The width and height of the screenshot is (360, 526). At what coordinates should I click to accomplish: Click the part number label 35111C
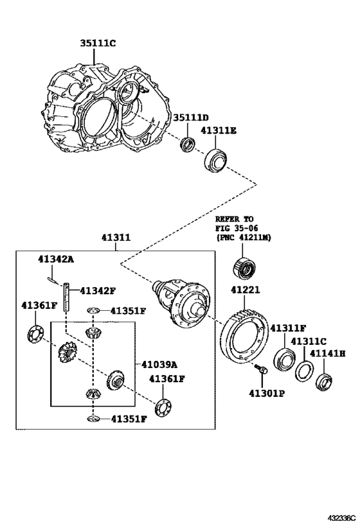98,43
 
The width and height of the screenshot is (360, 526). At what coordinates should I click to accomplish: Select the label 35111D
191,118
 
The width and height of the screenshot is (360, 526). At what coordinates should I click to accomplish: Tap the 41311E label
219,130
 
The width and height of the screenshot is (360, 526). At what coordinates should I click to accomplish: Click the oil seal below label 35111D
187,145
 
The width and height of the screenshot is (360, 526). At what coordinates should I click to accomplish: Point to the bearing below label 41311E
215,161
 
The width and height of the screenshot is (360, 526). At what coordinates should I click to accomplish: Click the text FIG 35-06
237,228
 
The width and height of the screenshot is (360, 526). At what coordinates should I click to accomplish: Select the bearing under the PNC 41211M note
244,268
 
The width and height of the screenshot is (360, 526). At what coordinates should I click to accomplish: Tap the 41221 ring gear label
245,290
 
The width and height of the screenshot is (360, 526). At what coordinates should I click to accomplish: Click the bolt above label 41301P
261,369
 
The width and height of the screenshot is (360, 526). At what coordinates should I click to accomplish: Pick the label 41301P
267,393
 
